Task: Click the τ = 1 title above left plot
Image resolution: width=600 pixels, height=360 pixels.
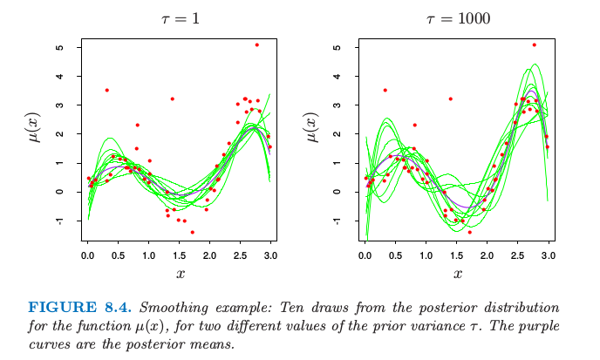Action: coord(181,17)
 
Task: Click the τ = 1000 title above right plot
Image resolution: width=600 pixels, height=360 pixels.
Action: coord(458,17)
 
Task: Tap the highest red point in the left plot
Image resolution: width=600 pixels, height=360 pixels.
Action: coord(256,44)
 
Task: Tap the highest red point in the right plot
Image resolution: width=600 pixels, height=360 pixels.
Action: coord(534,44)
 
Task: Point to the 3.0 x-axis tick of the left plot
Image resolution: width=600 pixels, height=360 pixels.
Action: coord(269,254)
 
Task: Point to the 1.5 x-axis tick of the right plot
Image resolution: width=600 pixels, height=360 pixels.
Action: coord(456,254)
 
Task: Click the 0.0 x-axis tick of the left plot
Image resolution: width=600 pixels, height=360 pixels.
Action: coord(87,254)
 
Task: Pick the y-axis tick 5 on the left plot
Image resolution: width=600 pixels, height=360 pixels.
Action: coord(59,47)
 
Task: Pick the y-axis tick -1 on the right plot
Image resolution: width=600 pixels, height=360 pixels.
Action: coord(337,221)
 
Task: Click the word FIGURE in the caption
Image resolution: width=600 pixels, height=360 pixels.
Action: coord(60,308)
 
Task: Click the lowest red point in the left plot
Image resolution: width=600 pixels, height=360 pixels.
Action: coord(192,232)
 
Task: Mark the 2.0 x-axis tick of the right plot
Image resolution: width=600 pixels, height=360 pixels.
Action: coord(487,254)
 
